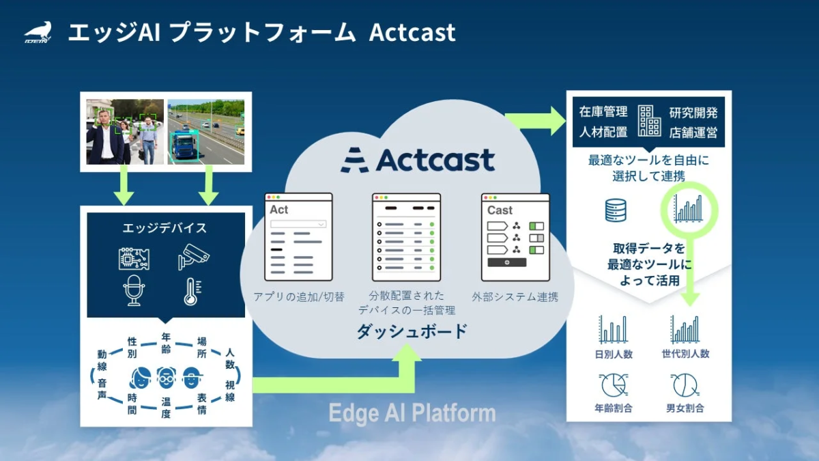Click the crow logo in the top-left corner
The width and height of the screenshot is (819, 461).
pos(38,32)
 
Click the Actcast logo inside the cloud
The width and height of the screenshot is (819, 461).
pos(418,160)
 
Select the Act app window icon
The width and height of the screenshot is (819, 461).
pos(298,237)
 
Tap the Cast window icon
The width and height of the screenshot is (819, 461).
pos(515,237)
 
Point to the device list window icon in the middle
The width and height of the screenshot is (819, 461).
pos(406,237)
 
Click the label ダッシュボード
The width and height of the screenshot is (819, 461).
pos(412,332)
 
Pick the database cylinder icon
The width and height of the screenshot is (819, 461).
pos(616,210)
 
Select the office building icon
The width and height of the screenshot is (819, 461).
pos(649,121)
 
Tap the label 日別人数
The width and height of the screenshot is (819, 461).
pos(613,354)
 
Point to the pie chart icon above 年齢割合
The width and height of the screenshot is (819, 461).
pos(613,385)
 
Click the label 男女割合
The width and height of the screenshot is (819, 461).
pos(685,408)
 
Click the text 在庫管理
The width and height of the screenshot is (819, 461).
pos(603,112)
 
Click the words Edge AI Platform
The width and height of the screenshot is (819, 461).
pos(412,413)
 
